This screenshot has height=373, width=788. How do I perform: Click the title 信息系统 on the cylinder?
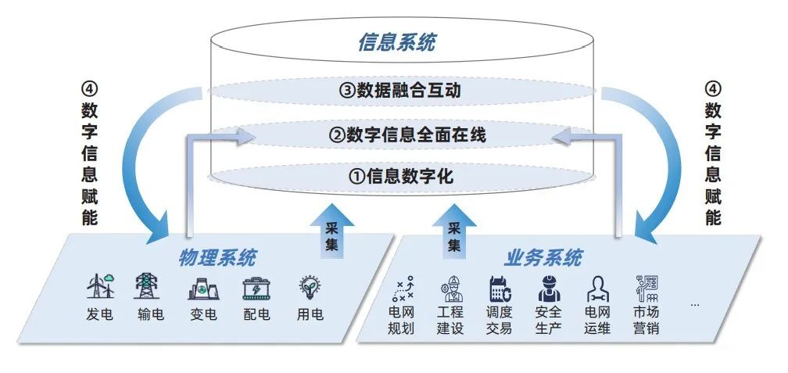pyautogui.click(x=396, y=41)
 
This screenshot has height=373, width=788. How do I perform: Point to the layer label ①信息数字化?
pyautogui.click(x=399, y=176)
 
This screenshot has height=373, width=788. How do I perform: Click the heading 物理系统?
pyautogui.click(x=217, y=257)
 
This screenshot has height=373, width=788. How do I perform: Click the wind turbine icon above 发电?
pyautogui.click(x=100, y=287)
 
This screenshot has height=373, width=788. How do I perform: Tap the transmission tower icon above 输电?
pyautogui.click(x=146, y=287)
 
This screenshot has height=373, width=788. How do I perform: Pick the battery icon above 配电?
pyautogui.click(x=256, y=289)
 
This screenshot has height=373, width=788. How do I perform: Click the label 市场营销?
pyautogui.click(x=646, y=319)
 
